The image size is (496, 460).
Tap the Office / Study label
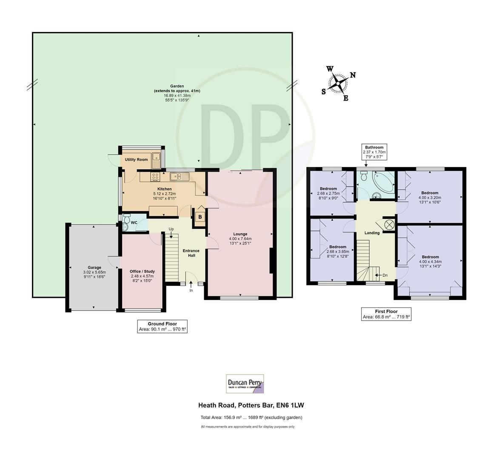(142, 271)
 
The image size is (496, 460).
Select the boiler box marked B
(200, 217)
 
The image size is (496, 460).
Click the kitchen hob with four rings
(155, 176)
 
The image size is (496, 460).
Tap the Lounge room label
(240, 234)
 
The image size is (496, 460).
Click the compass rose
(339, 83)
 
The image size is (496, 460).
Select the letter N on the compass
(353, 75)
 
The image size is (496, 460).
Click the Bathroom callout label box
(374, 152)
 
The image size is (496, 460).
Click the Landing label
(372, 233)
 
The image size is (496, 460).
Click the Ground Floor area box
(162, 326)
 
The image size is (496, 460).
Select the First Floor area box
(386, 314)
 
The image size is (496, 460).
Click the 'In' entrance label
(191, 290)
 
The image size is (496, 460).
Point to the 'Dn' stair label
(385, 275)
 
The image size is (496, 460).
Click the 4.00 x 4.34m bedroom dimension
(430, 262)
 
